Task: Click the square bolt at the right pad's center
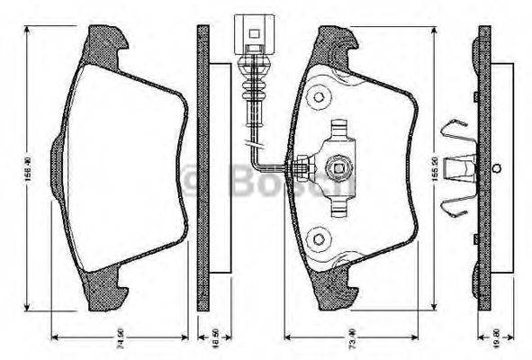(339, 166)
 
